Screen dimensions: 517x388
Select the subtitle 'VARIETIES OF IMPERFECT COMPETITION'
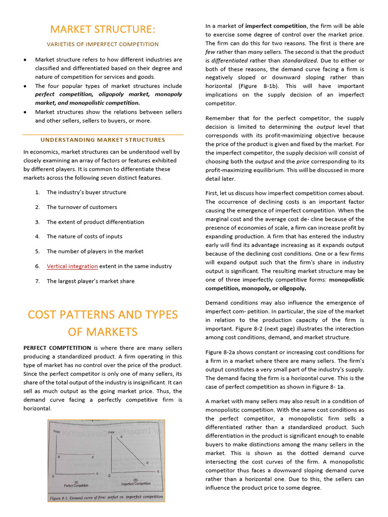click(103, 44)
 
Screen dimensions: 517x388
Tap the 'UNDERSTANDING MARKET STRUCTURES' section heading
click(103, 140)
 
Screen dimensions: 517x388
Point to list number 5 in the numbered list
click(37, 251)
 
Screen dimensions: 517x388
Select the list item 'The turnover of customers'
click(81, 207)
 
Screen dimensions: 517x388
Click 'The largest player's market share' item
click(90, 281)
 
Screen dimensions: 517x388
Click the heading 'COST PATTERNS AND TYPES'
click(103, 315)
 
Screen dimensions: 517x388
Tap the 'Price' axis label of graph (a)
click(57, 432)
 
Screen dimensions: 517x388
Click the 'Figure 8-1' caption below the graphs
click(106, 497)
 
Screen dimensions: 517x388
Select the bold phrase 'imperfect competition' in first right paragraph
click(276, 26)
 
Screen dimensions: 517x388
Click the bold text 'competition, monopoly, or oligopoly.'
click(256, 288)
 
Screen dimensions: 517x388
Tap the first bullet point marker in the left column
click(25, 60)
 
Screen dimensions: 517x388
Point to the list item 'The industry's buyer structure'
click(86, 192)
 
